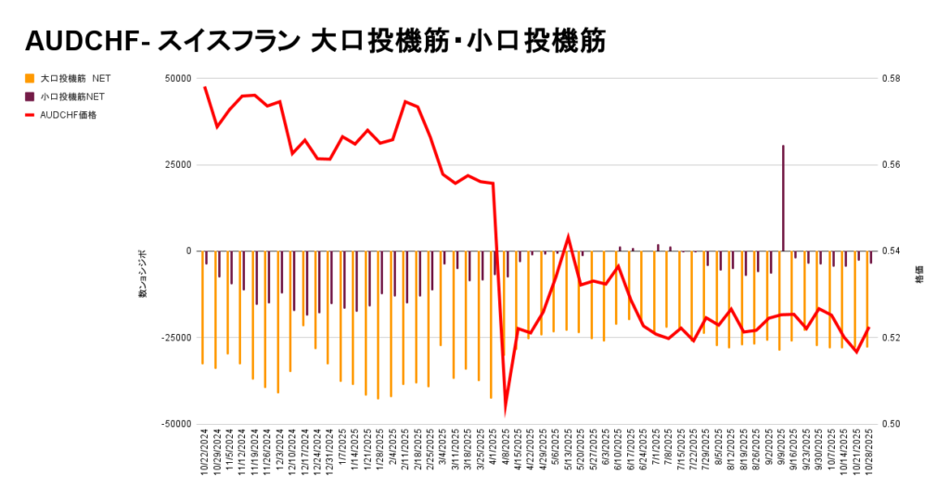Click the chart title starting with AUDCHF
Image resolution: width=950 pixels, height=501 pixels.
[315, 41]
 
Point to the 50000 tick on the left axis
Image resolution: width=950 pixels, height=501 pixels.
[177, 79]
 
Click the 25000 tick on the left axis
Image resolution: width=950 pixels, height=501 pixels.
[177, 165]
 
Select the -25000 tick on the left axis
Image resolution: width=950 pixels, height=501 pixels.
[175, 338]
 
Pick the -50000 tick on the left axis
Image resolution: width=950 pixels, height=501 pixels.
[175, 424]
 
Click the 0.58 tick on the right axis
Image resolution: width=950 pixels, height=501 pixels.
[892, 79]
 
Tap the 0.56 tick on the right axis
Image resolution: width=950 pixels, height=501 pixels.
[892, 165]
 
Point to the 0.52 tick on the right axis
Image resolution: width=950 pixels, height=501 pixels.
[892, 338]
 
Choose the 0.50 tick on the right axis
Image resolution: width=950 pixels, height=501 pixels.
[892, 424]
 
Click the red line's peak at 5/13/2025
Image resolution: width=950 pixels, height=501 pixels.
[568, 238]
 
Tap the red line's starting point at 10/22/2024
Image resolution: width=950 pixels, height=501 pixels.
[204, 87]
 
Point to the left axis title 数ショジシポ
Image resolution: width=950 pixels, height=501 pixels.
[143, 275]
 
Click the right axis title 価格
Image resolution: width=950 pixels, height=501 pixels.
[919, 275]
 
